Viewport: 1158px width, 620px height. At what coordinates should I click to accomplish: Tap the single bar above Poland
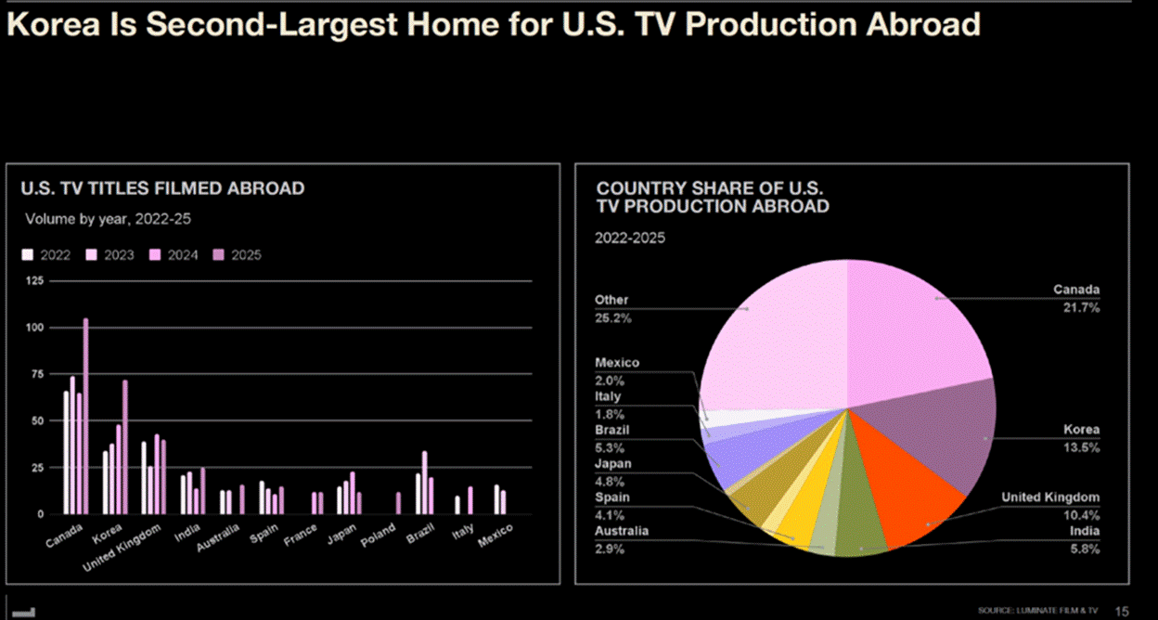[x=398, y=502]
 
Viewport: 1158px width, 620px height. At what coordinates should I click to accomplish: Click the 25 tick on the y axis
[x=37, y=467]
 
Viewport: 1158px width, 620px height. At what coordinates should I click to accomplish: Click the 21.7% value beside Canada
[x=1081, y=307]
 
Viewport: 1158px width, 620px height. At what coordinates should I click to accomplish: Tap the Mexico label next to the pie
[x=617, y=363]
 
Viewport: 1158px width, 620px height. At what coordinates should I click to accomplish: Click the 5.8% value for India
[x=1085, y=549]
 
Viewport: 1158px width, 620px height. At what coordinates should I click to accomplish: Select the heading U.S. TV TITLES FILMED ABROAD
[x=162, y=188]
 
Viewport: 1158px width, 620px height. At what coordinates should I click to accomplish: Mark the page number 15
[x=1122, y=611]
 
